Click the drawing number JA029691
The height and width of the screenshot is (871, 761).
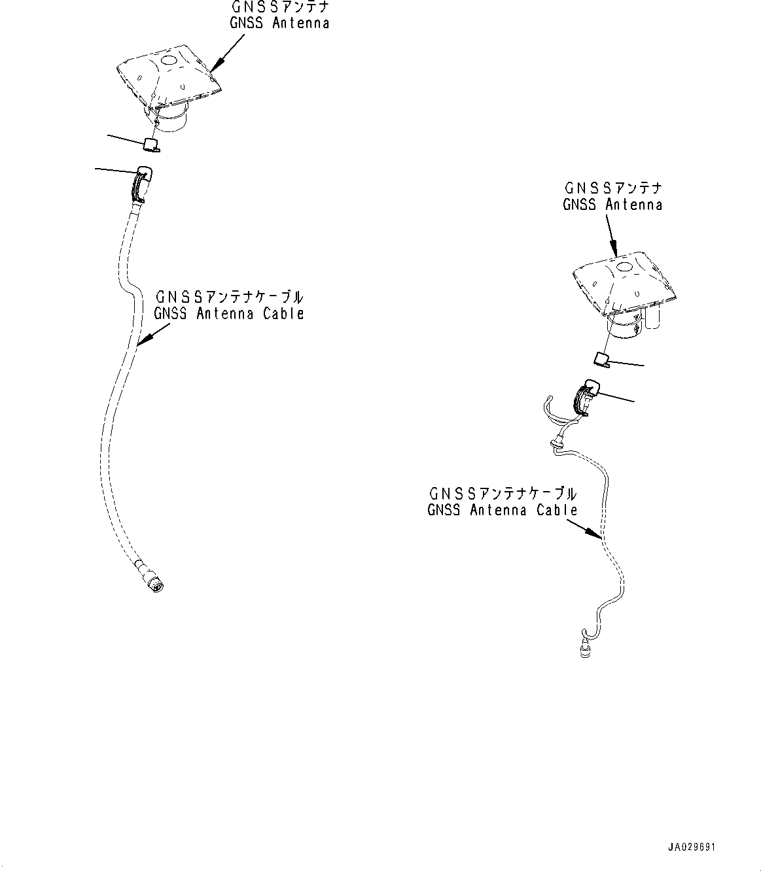click(692, 847)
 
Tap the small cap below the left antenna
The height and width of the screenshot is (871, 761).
click(152, 144)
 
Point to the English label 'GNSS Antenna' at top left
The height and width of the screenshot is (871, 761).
click(279, 23)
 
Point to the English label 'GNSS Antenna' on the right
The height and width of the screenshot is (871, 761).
click(612, 205)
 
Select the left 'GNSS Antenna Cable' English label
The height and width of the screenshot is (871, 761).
click(229, 313)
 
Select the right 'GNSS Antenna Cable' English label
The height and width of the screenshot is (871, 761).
click(503, 510)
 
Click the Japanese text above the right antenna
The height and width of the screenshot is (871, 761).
click(612, 188)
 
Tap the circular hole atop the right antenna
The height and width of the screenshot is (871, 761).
click(622, 266)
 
